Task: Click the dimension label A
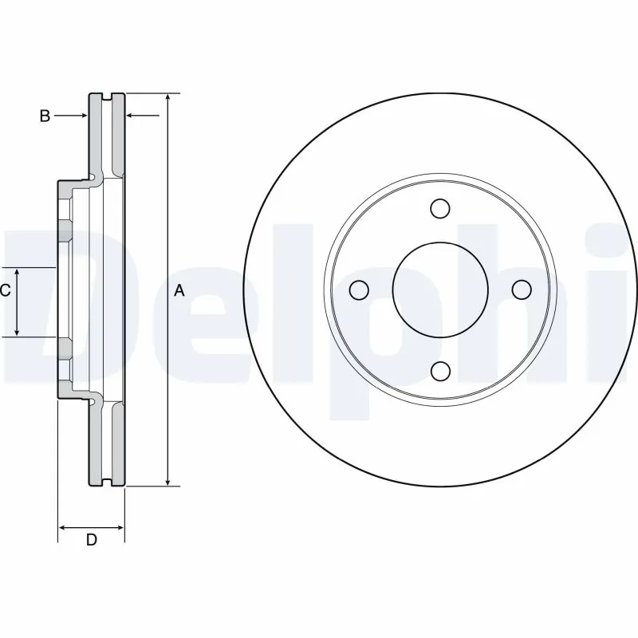click(x=179, y=291)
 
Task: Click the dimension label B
click(x=45, y=116)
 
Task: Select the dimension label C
click(x=5, y=290)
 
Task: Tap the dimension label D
click(x=91, y=540)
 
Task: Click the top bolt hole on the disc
click(x=439, y=209)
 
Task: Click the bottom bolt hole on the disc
click(x=439, y=371)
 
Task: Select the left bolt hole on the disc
click(x=359, y=289)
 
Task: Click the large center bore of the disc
click(x=439, y=289)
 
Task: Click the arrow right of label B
click(x=82, y=116)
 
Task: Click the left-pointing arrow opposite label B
click(x=132, y=116)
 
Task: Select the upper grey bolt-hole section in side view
click(x=64, y=231)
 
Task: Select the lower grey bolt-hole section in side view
click(x=64, y=349)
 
